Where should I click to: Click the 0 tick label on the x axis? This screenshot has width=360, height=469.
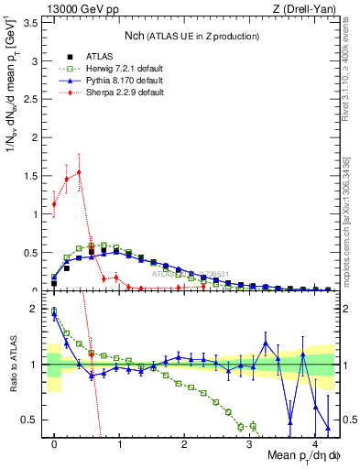55,444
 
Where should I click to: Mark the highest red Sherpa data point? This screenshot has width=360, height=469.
79,172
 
